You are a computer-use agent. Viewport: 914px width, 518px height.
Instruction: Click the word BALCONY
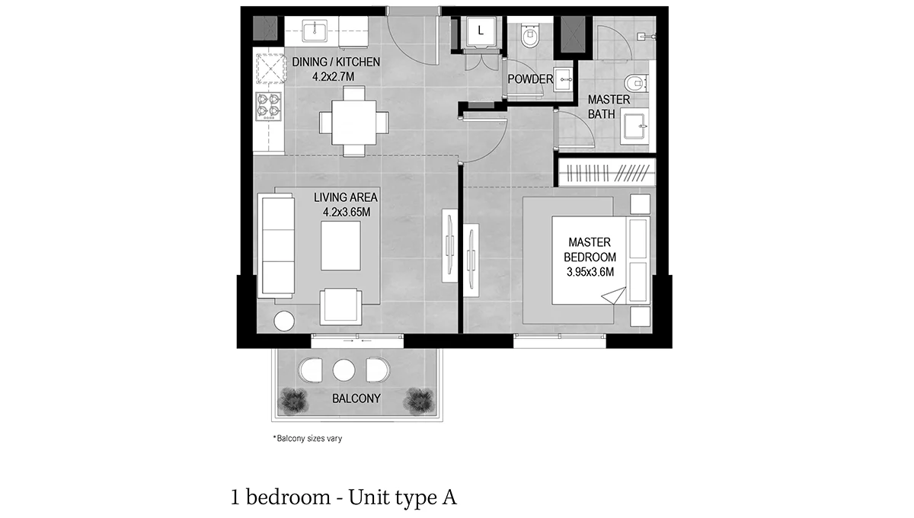click(356, 398)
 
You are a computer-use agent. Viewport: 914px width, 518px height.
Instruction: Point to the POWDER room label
click(530, 78)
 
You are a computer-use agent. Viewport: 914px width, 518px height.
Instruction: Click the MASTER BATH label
click(608, 107)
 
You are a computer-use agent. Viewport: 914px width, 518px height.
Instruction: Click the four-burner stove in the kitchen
click(268, 107)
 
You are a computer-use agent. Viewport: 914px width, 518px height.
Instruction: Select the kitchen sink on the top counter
click(315, 31)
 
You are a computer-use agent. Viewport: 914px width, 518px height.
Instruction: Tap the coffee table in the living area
click(340, 245)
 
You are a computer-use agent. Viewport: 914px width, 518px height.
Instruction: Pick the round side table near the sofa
click(284, 321)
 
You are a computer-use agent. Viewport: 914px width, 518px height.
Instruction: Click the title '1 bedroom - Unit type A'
click(344, 498)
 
